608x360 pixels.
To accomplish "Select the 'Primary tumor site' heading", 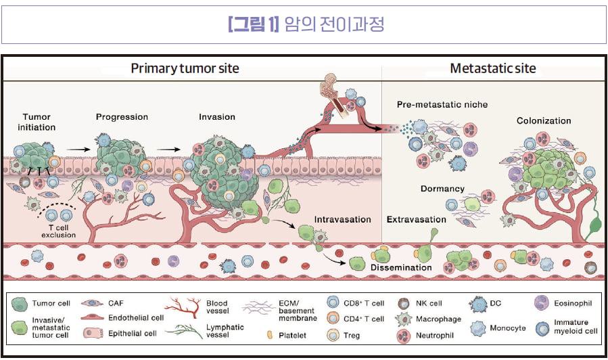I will (185, 68).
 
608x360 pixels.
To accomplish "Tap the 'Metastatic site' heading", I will (492, 68).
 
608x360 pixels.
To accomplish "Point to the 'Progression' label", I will (122, 116).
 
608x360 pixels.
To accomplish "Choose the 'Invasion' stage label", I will (216, 116).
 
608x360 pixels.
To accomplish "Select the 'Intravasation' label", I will (343, 219).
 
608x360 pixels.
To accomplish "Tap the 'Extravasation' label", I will (416, 219).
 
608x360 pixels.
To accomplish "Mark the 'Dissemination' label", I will (401, 267).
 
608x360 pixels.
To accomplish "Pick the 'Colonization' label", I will (544, 121).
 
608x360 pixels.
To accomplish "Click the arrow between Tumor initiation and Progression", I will (79, 148).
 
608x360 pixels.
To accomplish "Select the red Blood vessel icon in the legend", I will (183, 309).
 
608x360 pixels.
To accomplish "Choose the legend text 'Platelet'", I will (296, 335).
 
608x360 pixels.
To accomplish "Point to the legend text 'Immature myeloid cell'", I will (576, 327).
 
